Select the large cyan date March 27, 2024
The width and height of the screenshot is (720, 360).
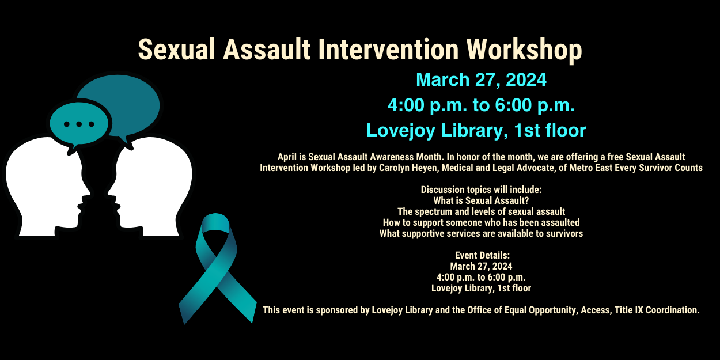[x=481, y=79]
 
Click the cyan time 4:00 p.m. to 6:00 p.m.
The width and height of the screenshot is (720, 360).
[x=481, y=105]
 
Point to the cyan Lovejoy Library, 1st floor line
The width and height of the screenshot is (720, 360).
[x=476, y=131]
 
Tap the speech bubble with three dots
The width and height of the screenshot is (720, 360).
[x=79, y=123]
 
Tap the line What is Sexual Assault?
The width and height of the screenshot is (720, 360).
[x=481, y=200]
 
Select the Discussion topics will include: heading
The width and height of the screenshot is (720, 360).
[x=481, y=190]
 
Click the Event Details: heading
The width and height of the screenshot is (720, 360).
[x=482, y=255]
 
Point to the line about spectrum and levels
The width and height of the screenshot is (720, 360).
[x=481, y=211]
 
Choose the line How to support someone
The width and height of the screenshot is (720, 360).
[x=481, y=222]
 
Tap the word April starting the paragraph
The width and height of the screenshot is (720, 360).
[x=287, y=157]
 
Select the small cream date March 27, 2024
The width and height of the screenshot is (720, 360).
[x=481, y=266]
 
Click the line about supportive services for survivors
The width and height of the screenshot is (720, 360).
[x=481, y=233]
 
